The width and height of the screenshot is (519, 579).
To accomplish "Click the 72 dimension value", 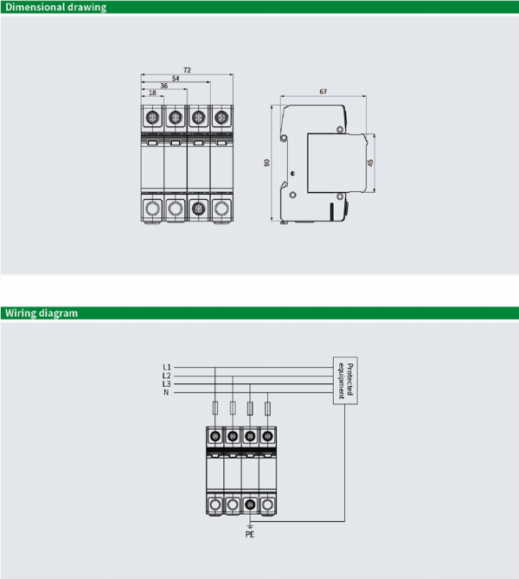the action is pos(187,70).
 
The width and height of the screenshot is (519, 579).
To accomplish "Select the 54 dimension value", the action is pos(176,78).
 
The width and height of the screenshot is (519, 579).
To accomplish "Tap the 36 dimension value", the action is pos(163,86).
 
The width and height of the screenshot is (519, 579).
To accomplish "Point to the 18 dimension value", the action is pos(152,93).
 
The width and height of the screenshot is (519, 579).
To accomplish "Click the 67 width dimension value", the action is pos(324,92).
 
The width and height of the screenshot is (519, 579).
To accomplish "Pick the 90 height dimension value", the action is pos(266,163).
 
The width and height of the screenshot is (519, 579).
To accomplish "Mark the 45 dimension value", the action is pos(370,163).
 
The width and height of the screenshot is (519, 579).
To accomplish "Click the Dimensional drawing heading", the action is pos(55,8).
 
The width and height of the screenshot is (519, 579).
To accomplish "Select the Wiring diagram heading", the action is pos(42,313).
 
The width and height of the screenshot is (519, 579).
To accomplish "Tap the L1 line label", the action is pos(167,367).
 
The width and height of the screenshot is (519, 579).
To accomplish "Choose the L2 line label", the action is pos(167,376).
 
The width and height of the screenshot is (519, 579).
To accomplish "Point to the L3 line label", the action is pos(167,383).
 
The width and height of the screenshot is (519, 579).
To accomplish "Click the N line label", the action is pos(166,392).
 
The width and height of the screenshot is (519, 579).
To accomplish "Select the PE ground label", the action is pos(250,534).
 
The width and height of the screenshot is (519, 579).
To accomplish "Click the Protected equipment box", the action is pos(345,381).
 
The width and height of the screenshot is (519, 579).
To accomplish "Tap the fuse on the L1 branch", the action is pos(215,408).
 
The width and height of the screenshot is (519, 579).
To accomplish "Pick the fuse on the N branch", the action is pos(267,408).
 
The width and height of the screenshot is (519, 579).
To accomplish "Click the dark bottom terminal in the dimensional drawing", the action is pos(198,209).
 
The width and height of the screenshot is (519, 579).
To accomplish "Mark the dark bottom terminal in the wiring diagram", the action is pos(250,504).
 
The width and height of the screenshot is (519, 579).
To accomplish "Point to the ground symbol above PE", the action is pos(250,526).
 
